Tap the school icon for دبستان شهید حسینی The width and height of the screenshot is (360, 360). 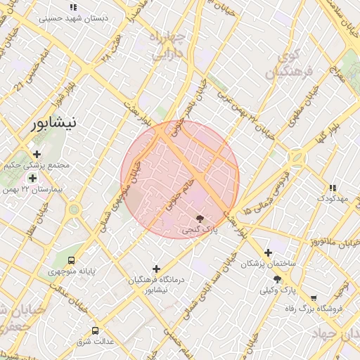[x=73, y=7]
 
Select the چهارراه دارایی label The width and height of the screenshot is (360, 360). [x=171, y=44]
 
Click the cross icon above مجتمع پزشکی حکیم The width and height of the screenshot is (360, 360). [x=37, y=154]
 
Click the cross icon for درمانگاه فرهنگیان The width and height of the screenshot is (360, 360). [x=156, y=269]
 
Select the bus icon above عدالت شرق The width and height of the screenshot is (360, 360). [x=95, y=330]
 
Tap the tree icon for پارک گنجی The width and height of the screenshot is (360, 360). [x=200, y=218]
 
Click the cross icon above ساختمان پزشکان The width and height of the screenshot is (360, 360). [x=267, y=252]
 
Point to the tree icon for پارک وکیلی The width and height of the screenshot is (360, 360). [x=277, y=279]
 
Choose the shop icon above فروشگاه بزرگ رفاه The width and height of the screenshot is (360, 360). [x=313, y=297]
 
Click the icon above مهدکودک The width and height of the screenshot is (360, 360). [x=333, y=188]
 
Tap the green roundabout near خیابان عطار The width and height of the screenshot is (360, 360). [x=73, y=209]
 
